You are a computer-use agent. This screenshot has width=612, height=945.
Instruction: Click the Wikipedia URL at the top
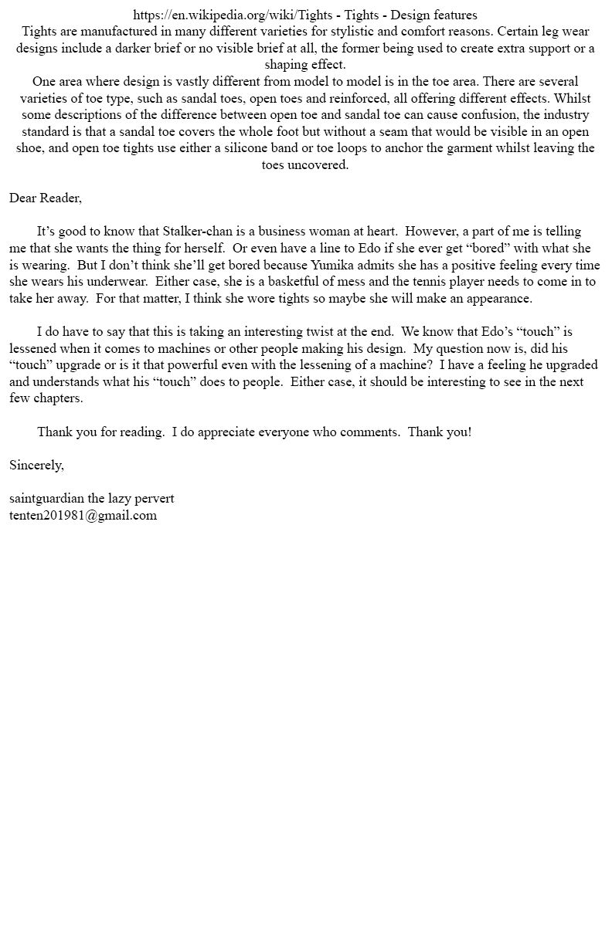233,15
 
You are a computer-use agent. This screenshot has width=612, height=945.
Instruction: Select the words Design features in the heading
433,15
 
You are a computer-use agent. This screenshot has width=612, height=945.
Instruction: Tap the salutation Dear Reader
45,198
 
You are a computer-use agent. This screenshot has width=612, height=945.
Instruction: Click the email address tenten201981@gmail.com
83,515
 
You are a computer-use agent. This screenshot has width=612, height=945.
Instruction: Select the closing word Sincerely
36,465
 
